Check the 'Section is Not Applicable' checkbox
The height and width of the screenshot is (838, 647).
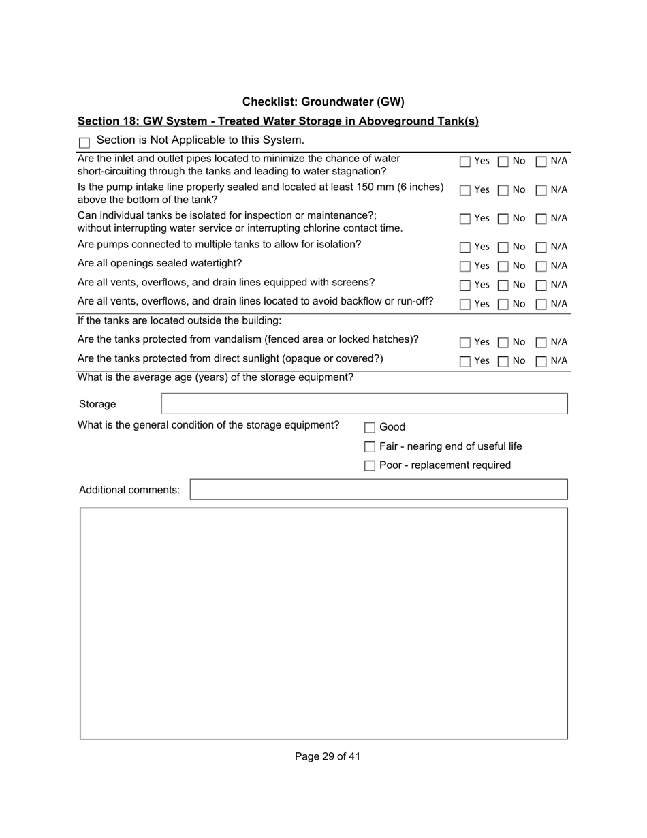click(84, 142)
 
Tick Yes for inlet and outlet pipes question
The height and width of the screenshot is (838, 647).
click(465, 161)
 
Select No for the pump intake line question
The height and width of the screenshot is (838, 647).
click(503, 190)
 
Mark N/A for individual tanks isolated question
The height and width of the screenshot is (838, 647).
click(541, 219)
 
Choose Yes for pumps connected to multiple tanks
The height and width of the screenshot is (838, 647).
click(465, 247)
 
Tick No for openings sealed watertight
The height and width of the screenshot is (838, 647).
click(503, 266)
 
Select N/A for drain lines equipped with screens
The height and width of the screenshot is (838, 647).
click(541, 285)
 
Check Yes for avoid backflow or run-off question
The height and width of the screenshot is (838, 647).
click(465, 304)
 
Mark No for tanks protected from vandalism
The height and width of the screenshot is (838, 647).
click(503, 342)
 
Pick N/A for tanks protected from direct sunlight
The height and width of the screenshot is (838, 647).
click(541, 361)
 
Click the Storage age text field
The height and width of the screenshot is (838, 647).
click(364, 404)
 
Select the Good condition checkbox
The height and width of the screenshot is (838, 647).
click(370, 428)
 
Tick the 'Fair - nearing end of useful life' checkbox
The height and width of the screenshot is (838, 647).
click(370, 447)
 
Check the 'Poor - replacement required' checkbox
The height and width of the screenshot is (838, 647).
click(370, 466)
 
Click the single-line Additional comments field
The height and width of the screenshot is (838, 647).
click(378, 490)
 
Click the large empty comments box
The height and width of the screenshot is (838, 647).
click(323, 623)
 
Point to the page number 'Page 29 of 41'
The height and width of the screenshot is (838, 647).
click(328, 756)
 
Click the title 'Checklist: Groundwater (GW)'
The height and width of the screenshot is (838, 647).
click(323, 102)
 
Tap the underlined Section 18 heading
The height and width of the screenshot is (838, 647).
click(278, 121)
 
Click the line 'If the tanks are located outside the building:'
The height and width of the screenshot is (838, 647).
click(179, 320)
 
